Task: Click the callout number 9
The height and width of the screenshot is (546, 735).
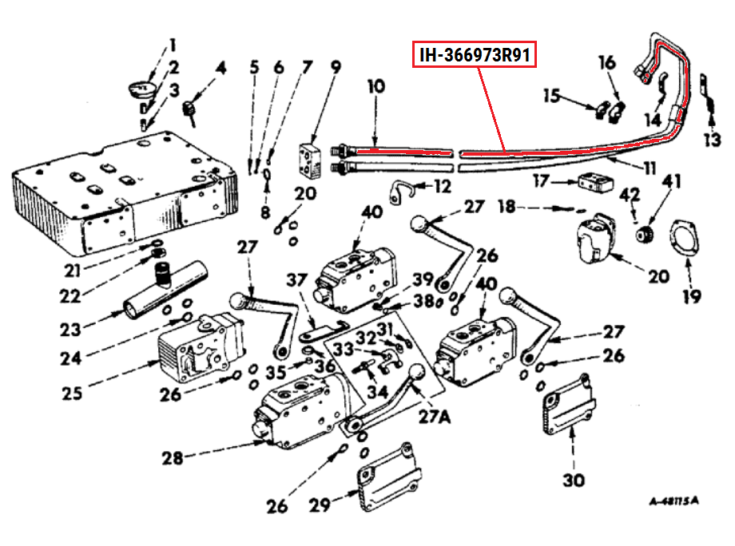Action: click(x=336, y=67)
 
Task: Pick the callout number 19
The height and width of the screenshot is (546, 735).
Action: click(x=692, y=297)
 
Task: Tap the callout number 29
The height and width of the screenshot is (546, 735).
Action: click(x=320, y=505)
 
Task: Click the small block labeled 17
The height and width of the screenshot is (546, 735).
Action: click(x=593, y=183)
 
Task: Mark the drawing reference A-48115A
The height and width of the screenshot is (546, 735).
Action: click(x=674, y=501)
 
